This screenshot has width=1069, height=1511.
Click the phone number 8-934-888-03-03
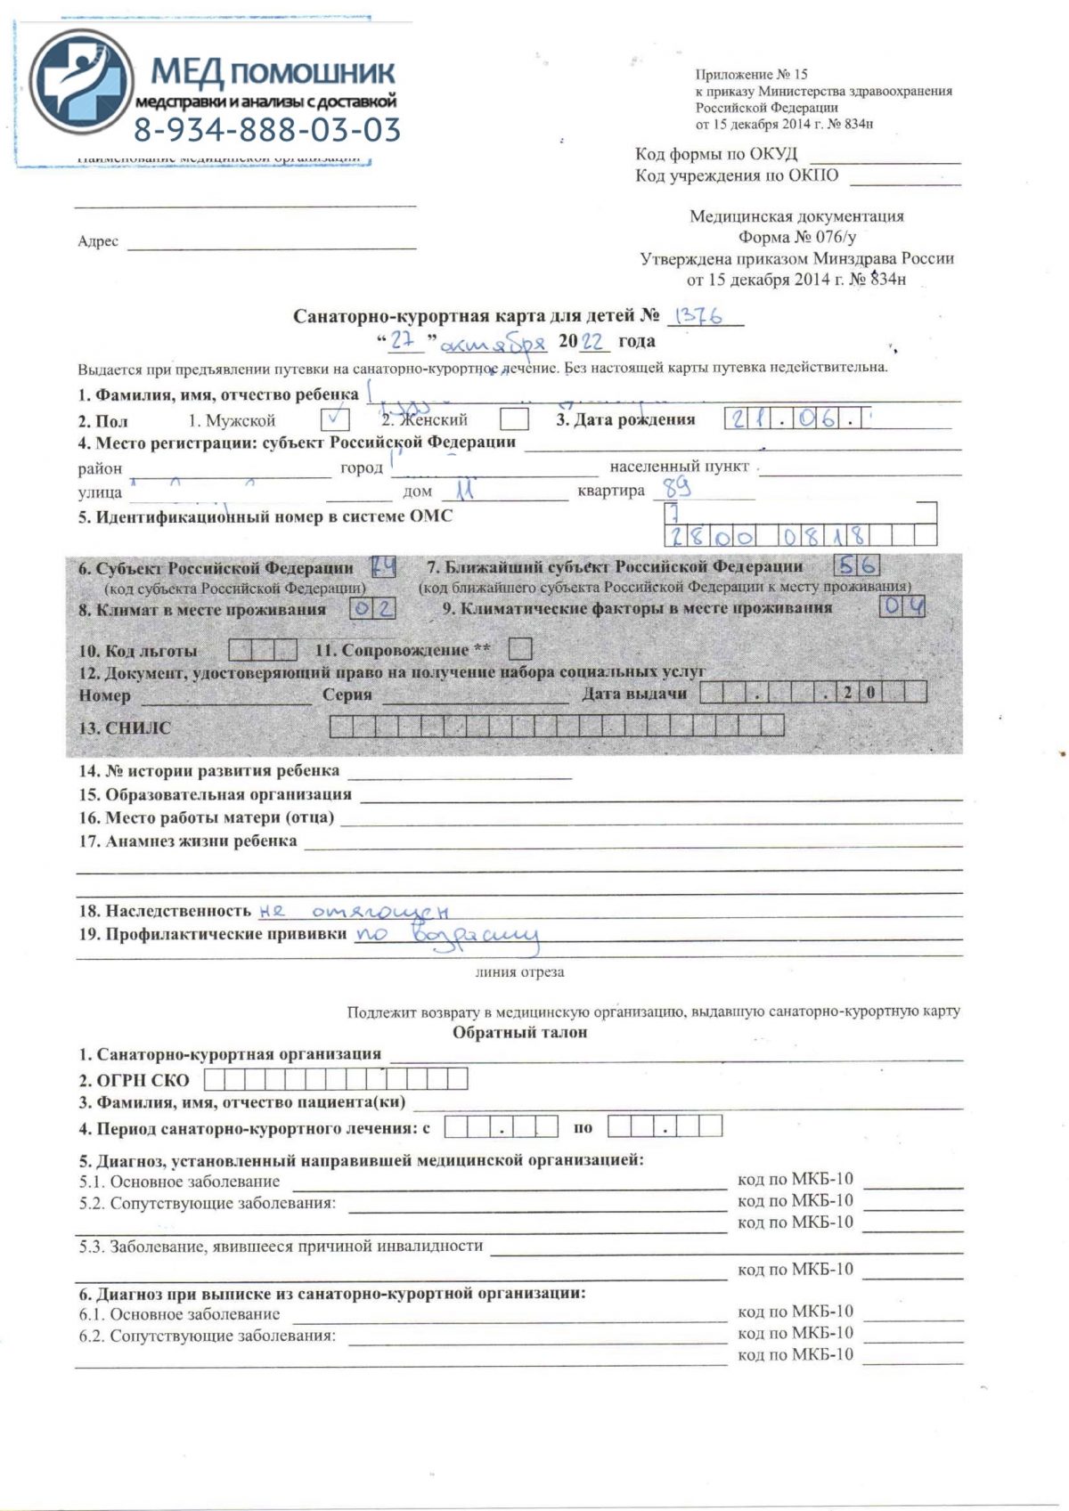pos(267,130)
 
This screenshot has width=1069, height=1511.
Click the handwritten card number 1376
pos(699,315)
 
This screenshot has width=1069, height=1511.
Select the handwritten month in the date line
pos(493,343)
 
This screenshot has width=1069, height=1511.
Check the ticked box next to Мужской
pos(334,418)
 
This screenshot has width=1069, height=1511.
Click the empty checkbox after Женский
pos(514,418)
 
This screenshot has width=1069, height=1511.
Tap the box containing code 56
pos(857,565)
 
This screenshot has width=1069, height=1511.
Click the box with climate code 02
pos(372,609)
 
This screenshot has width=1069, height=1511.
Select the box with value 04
pos(902,607)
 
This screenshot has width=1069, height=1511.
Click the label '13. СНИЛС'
pos(125,728)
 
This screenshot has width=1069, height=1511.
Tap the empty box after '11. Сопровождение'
pos(521,649)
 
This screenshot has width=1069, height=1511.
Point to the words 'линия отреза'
pos(519,972)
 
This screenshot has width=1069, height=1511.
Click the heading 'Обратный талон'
pos(519,1033)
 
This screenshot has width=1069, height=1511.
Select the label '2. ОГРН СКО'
pos(134,1080)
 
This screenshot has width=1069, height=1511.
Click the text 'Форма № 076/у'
pos(796,237)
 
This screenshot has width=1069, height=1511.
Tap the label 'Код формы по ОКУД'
pos(716,154)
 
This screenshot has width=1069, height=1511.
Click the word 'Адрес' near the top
pos(98,241)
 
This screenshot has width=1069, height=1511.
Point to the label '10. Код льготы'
pos(138,651)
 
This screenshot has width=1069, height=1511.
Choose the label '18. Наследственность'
pos(165,911)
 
